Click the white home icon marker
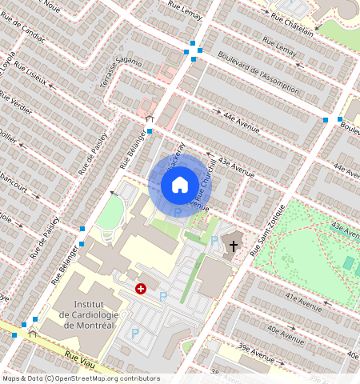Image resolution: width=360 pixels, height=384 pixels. coord(180,185)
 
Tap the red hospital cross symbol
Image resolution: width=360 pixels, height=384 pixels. coord(142,288)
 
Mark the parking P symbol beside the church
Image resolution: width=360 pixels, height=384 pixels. coord(214,240)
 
